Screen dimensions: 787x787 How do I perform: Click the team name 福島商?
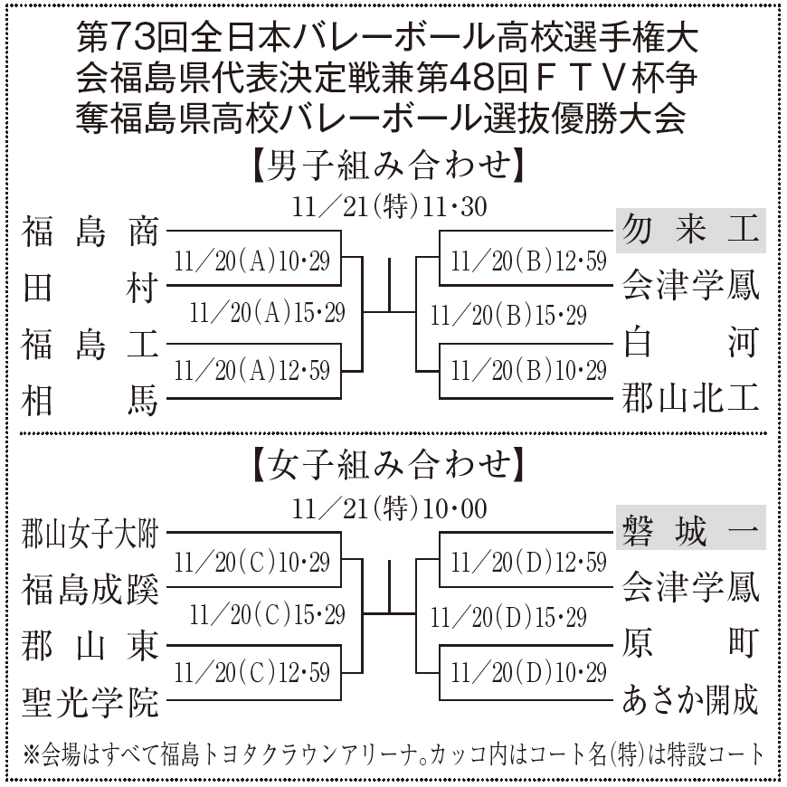click(90, 231)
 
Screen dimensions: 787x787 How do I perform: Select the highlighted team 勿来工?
click(690, 231)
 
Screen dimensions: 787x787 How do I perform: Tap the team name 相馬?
click(90, 399)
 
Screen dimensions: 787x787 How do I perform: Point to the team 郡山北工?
click(690, 399)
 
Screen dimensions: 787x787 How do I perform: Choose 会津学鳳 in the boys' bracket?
click(690, 287)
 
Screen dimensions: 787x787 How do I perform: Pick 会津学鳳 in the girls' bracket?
click(690, 589)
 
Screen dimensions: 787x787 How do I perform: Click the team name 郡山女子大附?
click(90, 534)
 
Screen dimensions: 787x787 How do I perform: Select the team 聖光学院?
click(90, 701)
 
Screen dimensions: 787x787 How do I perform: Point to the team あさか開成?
click(690, 701)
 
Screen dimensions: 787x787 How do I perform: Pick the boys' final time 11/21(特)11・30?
click(390, 207)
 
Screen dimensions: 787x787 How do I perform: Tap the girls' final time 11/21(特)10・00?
click(390, 508)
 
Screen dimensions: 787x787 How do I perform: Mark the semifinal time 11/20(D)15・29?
click(509, 618)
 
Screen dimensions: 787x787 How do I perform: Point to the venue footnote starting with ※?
click(393, 754)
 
